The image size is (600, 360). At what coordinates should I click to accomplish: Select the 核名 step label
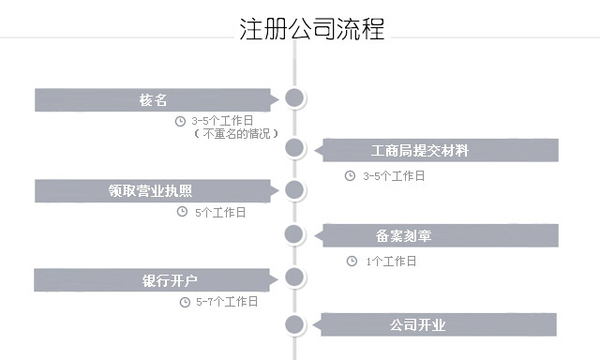[153, 99]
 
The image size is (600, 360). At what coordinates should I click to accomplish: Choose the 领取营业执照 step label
[152, 189]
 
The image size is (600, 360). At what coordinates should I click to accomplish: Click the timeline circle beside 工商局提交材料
[294, 149]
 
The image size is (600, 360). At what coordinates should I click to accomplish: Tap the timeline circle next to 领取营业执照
[294, 189]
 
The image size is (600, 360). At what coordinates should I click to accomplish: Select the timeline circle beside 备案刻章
[294, 235]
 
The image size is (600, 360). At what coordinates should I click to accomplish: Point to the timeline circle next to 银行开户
[294, 278]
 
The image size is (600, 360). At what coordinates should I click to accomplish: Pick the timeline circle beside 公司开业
[294, 324]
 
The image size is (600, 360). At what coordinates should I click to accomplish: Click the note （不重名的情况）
[235, 133]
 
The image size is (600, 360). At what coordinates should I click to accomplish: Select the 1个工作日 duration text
[391, 261]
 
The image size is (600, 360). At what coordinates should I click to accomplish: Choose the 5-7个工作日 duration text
[227, 301]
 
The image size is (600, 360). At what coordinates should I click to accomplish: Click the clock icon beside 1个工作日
[351, 261]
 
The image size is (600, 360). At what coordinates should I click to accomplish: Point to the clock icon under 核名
[180, 121]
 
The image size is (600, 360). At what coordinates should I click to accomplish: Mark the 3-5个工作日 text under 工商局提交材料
[393, 175]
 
